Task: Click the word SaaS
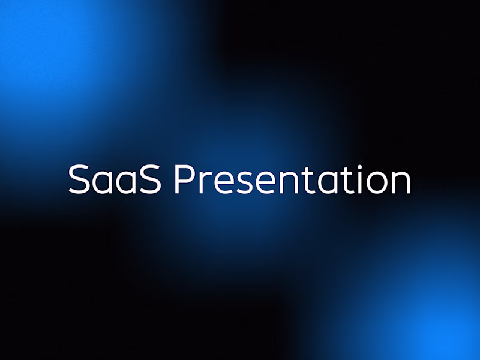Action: (x=114, y=178)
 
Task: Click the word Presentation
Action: (x=292, y=178)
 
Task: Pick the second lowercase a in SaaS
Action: (x=126, y=182)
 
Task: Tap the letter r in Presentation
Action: (x=202, y=182)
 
